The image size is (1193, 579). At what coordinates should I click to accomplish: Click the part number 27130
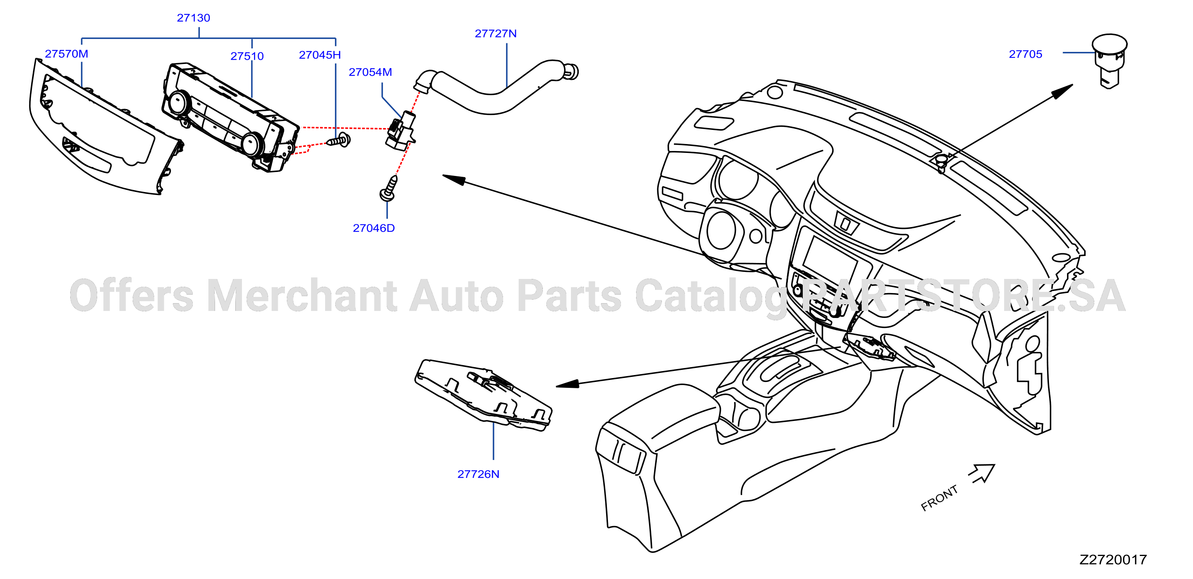tap(193, 18)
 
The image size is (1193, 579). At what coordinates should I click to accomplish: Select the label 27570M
tap(66, 54)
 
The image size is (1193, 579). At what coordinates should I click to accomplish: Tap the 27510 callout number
tap(247, 57)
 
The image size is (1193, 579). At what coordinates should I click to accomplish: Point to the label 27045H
tap(320, 55)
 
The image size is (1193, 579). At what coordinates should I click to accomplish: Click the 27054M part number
tap(370, 72)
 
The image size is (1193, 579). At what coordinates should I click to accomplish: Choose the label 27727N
tap(496, 34)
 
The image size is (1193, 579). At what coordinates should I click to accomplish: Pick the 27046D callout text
tap(374, 228)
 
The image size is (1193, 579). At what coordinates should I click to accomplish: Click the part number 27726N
tap(478, 474)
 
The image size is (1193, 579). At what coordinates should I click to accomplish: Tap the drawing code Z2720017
tap(1113, 560)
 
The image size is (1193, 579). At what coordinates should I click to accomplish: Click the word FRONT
tap(939, 498)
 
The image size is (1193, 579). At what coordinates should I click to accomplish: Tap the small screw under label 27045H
tap(339, 140)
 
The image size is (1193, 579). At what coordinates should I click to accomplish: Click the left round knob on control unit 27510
tap(178, 103)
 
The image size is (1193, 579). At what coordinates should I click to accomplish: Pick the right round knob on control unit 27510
tap(252, 144)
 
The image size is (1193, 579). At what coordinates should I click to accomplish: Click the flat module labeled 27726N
tap(484, 395)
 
